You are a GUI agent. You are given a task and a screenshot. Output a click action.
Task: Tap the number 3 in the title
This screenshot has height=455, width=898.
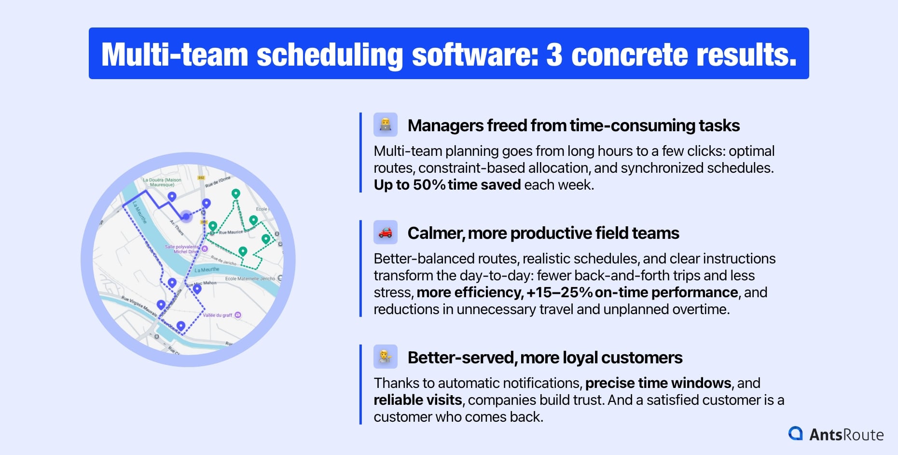point(554,55)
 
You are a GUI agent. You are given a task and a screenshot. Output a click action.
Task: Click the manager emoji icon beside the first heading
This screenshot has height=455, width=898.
point(385,125)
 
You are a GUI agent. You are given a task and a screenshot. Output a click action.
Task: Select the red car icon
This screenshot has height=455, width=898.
point(385,233)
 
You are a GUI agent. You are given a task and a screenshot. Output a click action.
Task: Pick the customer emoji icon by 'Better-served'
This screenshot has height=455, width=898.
point(385,357)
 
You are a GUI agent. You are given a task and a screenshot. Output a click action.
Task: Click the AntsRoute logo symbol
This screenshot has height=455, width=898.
point(795,434)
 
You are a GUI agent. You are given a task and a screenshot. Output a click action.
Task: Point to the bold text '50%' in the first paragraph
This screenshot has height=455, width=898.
point(428,185)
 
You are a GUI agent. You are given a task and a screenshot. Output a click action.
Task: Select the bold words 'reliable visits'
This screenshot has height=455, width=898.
point(418,400)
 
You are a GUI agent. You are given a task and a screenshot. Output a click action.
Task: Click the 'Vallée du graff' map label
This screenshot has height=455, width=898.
point(218,315)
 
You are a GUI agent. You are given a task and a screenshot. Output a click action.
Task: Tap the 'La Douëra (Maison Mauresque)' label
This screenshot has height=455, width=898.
point(162,182)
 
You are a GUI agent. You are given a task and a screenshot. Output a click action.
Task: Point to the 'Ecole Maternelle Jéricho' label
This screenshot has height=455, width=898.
point(250,278)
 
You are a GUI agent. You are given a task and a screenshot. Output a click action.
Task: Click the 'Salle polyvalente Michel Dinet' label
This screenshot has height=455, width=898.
point(182,249)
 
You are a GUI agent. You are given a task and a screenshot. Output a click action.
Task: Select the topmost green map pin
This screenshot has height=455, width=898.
point(235,193)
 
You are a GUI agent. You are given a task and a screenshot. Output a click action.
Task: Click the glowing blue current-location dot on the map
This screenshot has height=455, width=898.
point(186,216)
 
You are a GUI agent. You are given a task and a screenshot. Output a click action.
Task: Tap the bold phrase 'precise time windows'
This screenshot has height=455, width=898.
point(658,383)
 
